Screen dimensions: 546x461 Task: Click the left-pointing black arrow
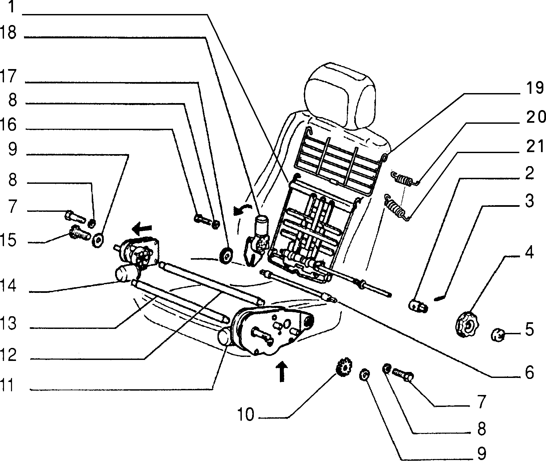142,229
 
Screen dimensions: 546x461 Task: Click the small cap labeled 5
498,334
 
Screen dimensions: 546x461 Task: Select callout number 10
245,415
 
